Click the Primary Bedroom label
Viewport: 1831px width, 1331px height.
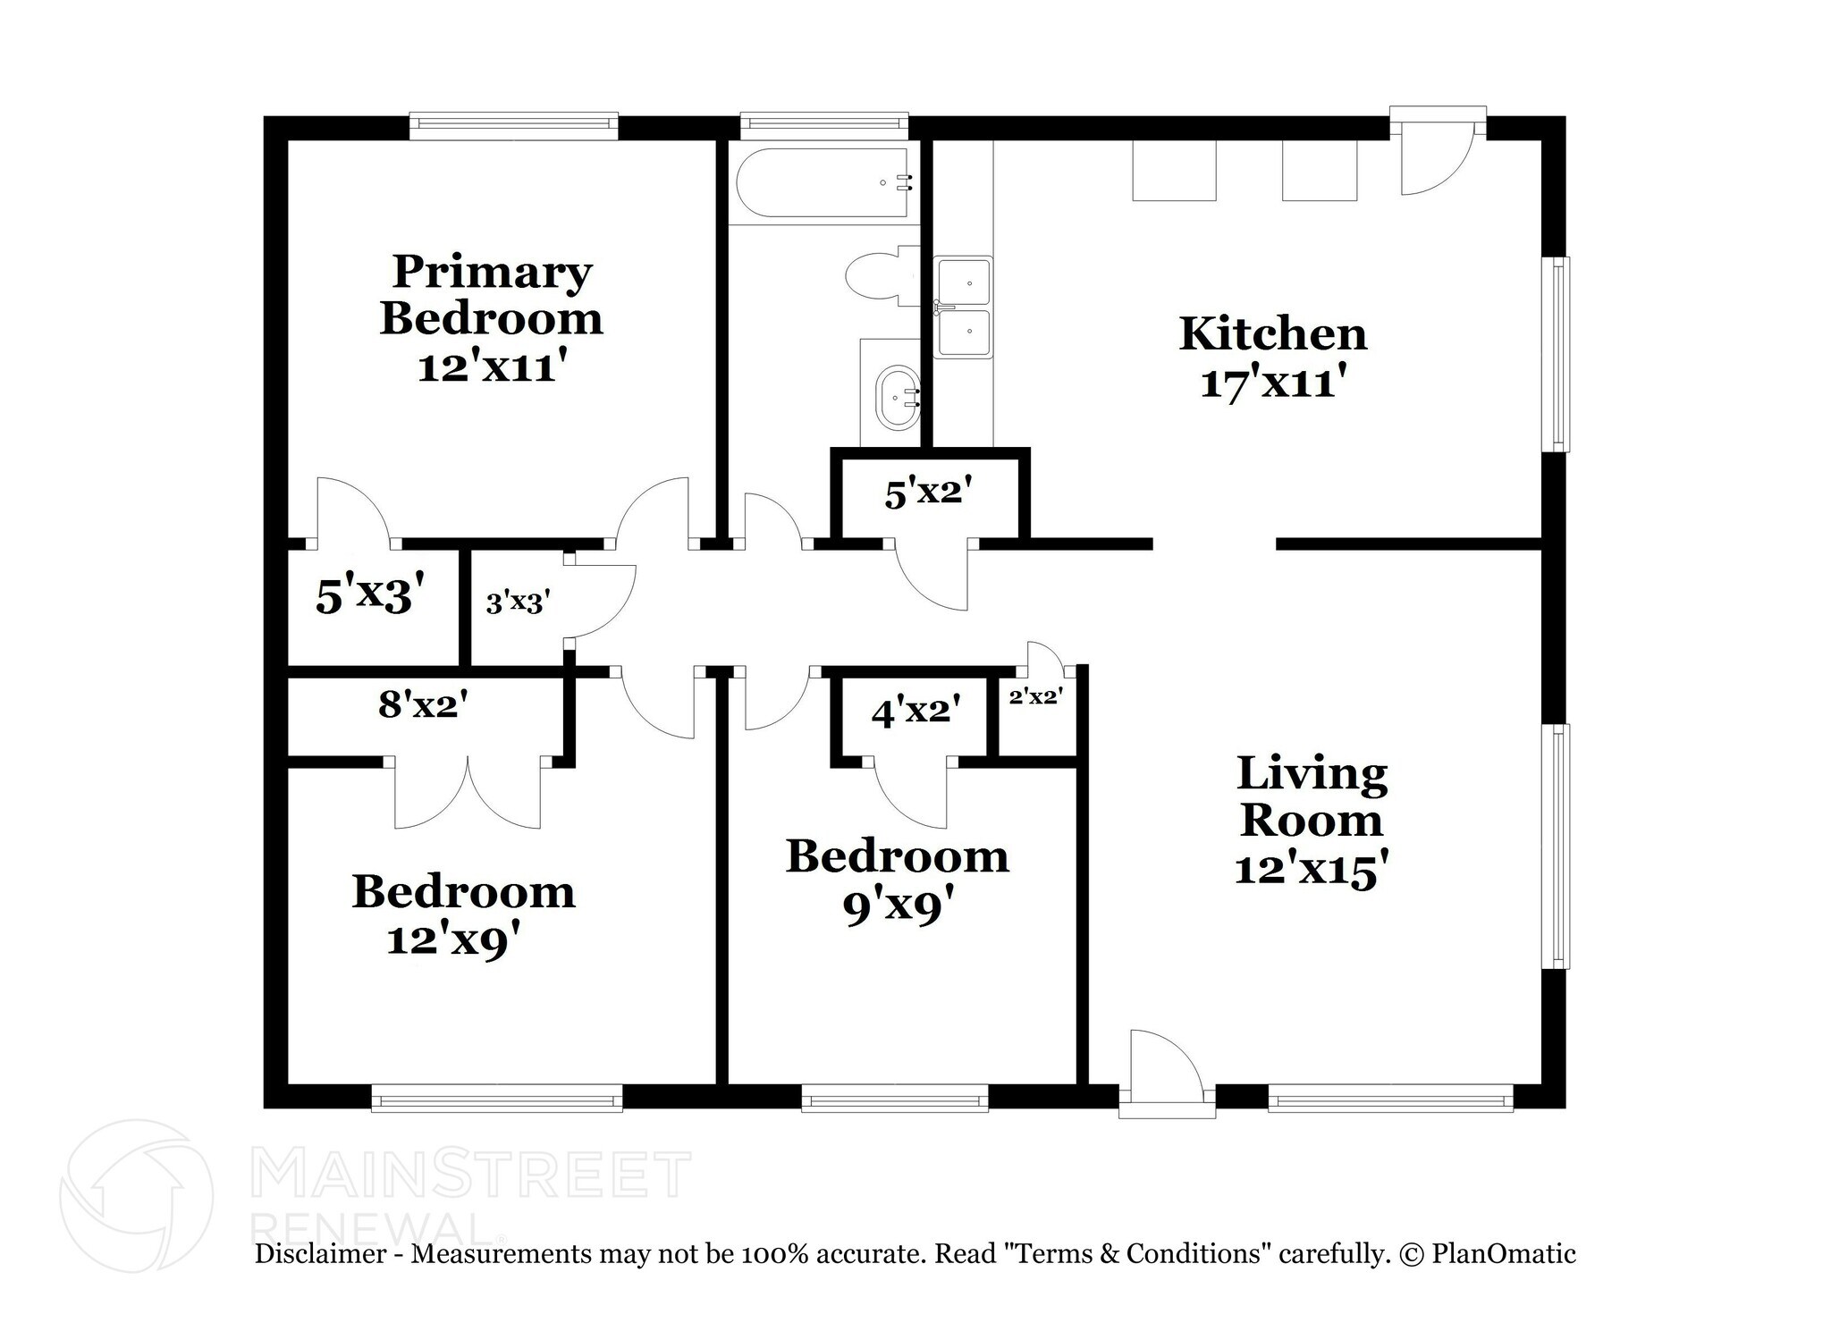pos(492,295)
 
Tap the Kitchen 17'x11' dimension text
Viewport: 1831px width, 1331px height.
pos(1273,384)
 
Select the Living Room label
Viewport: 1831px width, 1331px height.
pos(1312,796)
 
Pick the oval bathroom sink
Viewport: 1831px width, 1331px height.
pos(899,398)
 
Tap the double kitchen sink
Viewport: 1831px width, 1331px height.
pos(963,307)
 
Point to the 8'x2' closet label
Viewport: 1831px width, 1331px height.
pos(423,705)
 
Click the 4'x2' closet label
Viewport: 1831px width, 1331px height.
pos(915,712)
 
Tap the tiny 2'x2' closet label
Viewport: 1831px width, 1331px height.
pos(1035,697)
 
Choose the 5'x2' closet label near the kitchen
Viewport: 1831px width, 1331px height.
pos(928,493)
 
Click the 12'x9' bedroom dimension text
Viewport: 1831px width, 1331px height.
pos(453,940)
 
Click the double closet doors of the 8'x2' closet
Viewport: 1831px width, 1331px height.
pos(468,791)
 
